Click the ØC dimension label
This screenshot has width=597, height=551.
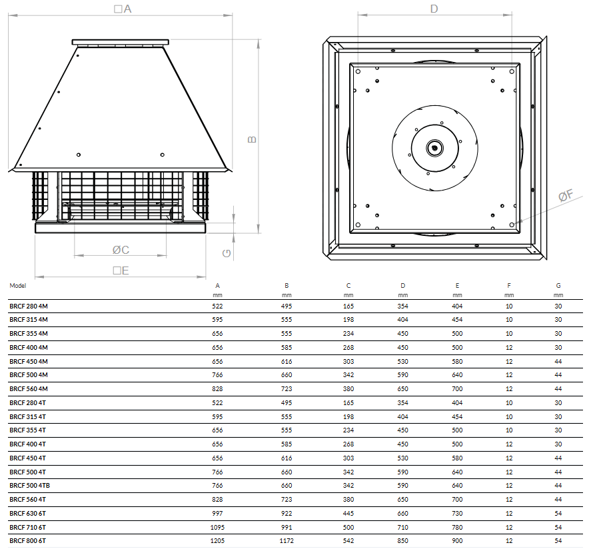coord(121,250)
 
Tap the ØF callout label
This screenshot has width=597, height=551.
coord(566,195)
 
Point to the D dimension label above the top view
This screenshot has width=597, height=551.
coord(434,9)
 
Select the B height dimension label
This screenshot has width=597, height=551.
coord(252,140)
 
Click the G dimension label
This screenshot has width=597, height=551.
coord(227,254)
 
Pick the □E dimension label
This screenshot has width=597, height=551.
coord(121,271)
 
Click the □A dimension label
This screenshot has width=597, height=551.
coord(123,9)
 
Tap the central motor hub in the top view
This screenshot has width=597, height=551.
coord(434,148)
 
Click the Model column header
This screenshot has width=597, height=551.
coord(18,286)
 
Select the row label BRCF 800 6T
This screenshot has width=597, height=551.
coord(28,541)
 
